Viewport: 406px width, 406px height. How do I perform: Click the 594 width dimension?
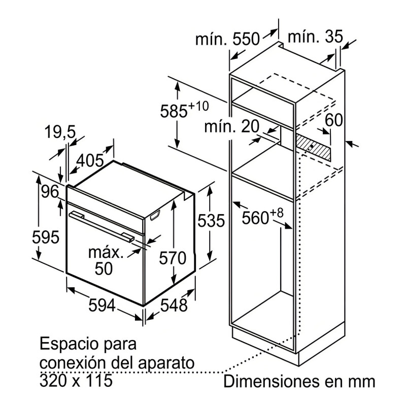pos(102,305)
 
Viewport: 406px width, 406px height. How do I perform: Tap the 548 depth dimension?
pos(174,305)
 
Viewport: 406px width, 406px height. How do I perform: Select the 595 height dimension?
pos(46,237)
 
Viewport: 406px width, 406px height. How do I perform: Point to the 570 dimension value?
pos(173,258)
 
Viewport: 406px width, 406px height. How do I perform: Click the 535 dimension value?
pos(211,221)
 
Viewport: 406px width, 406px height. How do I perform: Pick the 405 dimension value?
pos(90,160)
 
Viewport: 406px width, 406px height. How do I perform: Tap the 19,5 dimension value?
pos(60,132)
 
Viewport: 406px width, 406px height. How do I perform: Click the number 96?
pos(50,192)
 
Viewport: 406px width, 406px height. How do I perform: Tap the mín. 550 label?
pos(227,39)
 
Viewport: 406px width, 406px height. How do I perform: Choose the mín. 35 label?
pos(315,36)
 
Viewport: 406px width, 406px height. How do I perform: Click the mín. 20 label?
pos(231,126)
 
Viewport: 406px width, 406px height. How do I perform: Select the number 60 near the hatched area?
pos(334,120)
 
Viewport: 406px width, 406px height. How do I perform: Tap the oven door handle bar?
pos(102,226)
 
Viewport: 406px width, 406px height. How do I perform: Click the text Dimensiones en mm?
pos(299,382)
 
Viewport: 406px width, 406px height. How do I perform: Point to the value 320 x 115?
pos(76,380)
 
